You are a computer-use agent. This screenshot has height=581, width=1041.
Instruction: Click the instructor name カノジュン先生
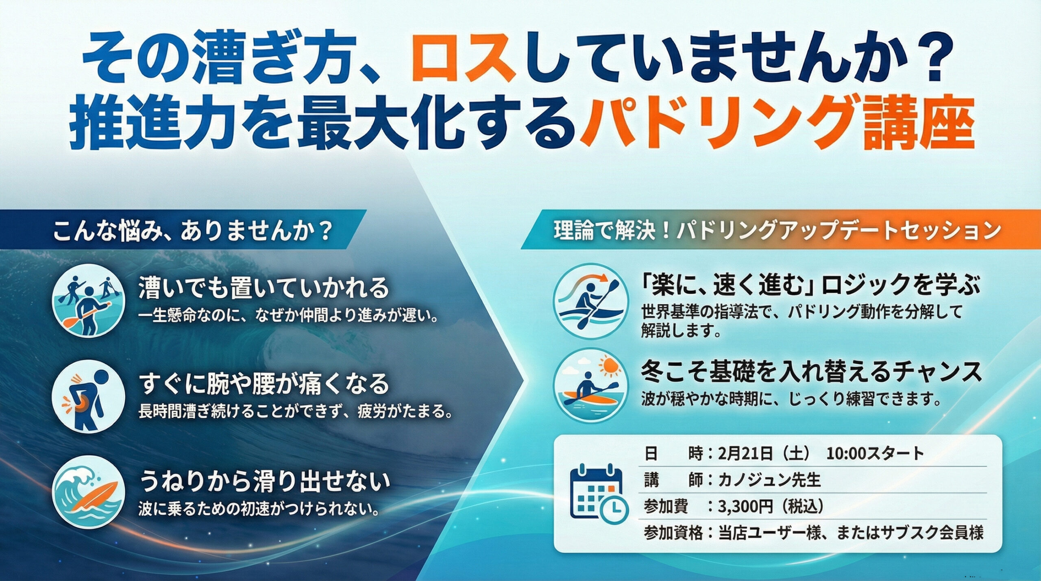coord(769,480)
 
